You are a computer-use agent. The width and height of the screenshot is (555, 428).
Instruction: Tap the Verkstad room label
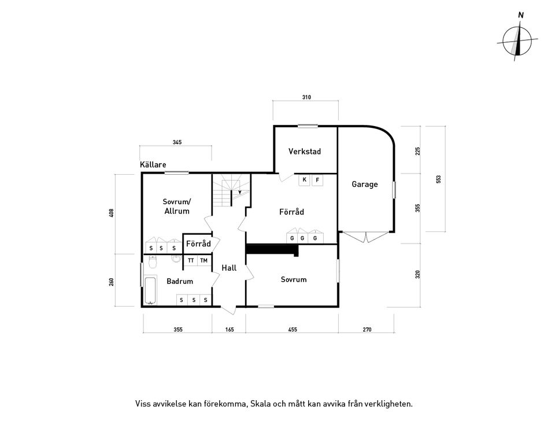click(305, 152)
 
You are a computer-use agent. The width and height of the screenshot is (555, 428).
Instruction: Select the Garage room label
click(365, 185)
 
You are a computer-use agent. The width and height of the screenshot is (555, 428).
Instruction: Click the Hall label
click(229, 268)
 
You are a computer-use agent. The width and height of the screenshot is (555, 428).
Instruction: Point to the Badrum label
click(180, 282)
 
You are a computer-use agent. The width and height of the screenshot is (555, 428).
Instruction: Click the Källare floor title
click(153, 165)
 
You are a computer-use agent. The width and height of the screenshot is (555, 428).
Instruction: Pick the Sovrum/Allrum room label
click(176, 206)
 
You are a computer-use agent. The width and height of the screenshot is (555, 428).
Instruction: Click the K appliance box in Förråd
click(305, 180)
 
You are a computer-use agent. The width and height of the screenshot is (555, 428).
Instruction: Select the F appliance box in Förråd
click(317, 180)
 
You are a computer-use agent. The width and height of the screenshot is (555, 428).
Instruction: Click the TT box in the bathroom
click(191, 261)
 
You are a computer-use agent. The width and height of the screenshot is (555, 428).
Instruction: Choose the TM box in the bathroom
click(203, 261)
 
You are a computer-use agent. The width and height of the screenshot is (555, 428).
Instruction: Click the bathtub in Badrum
click(150, 290)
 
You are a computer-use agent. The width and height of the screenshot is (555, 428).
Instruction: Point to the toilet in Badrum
click(152, 263)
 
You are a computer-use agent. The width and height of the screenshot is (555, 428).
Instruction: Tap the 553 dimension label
click(438, 179)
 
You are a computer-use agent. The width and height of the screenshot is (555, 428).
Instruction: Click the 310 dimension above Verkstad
click(306, 98)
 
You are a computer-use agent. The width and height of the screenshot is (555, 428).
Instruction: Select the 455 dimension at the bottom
click(293, 330)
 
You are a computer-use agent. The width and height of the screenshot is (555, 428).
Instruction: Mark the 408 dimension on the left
click(111, 213)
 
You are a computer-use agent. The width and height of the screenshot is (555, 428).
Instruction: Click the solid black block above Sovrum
click(272, 249)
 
